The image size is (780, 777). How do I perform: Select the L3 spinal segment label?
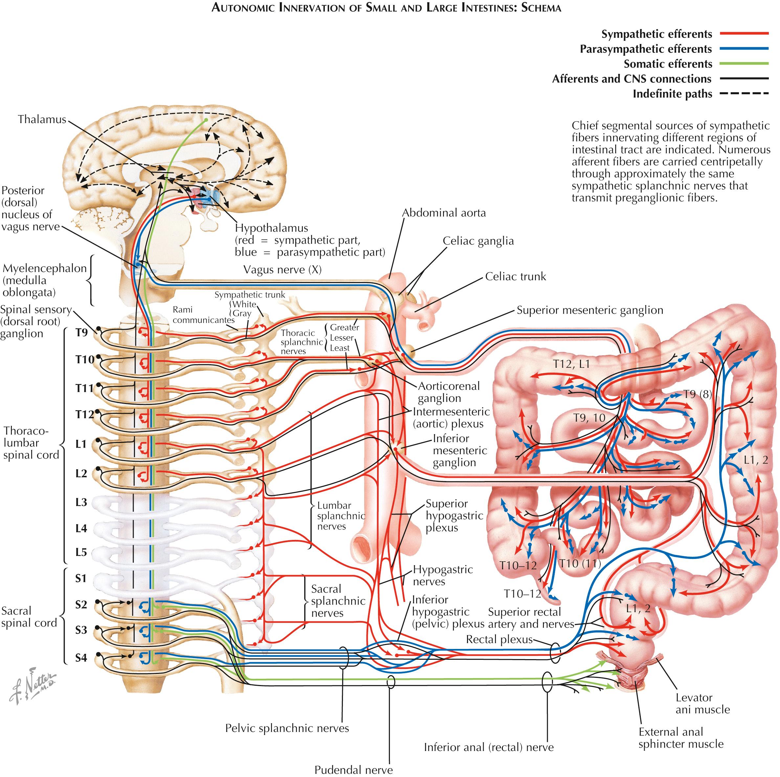[81, 502]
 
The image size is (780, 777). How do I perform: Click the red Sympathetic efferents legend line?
[744, 34]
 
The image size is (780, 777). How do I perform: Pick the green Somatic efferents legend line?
[744, 64]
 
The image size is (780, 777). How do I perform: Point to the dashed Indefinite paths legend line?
[744, 94]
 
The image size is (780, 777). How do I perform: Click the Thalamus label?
[42, 120]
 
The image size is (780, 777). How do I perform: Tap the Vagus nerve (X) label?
[282, 270]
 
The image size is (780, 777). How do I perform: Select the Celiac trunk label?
[515, 277]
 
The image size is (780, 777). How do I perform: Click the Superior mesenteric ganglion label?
[590, 310]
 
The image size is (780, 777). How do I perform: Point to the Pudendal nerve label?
[353, 770]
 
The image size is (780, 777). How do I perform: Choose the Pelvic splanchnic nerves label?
[287, 728]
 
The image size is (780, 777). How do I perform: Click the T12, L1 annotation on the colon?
[571, 364]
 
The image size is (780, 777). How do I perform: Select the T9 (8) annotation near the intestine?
[697, 394]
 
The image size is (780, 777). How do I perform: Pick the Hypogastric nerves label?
[442, 575]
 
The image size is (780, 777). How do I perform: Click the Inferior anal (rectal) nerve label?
[488, 747]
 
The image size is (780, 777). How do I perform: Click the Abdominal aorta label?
[444, 213]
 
